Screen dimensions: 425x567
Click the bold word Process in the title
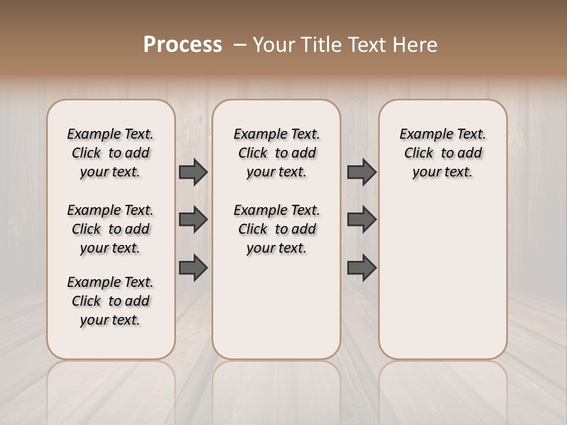(183, 45)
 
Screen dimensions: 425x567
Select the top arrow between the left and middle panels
(193, 172)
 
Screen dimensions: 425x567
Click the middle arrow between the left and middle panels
(193, 220)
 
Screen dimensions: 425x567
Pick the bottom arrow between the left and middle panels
(193, 267)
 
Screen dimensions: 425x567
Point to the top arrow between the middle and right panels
(361, 172)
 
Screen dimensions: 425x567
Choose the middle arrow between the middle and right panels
(361, 220)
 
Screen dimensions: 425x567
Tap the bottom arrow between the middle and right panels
(361, 267)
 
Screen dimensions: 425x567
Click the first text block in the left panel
(110, 153)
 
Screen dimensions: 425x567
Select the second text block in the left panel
(110, 229)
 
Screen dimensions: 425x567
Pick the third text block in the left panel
(110, 301)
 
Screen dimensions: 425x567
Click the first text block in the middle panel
(276, 153)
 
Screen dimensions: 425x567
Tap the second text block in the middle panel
(276, 229)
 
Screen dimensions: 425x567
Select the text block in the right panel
(443, 153)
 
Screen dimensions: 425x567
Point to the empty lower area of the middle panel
(276, 307)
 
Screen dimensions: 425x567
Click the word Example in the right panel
(423, 135)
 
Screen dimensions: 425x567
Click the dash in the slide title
(240, 45)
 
